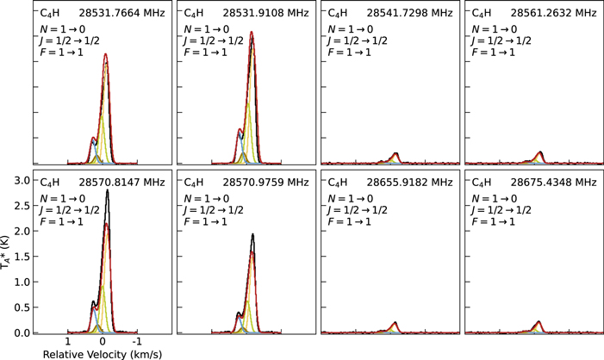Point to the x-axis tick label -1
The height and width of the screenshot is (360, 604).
tap(137, 342)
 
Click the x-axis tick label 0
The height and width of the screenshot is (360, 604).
tap(102, 342)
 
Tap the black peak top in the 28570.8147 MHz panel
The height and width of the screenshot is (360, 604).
tap(107, 190)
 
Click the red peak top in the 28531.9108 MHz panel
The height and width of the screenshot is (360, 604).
tap(252, 33)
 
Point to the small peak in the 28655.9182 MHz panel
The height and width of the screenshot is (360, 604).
tap(395, 323)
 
